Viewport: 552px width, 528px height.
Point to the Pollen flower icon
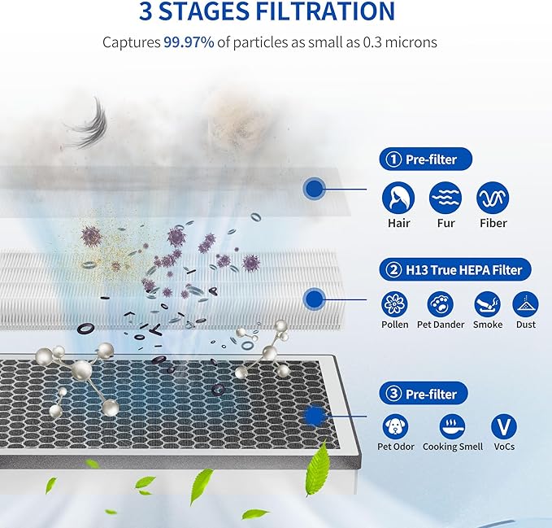tap(395, 304)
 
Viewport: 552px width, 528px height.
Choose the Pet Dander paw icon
tap(441, 304)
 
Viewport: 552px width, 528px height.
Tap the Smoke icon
tap(487, 304)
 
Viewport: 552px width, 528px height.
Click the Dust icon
tap(525, 304)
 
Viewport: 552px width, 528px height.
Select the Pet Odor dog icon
tap(395, 426)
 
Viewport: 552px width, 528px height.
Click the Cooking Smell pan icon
tap(452, 426)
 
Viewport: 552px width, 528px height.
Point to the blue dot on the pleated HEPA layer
tap(313, 299)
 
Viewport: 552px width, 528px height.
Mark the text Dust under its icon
tap(525, 325)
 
